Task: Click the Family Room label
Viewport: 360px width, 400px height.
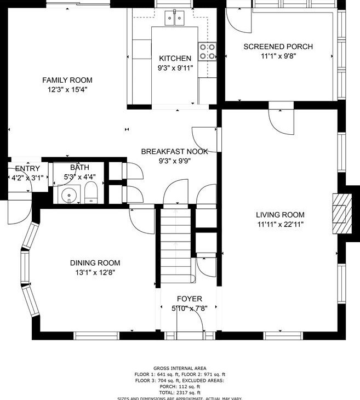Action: click(67, 80)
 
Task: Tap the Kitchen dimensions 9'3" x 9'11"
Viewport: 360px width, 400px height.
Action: click(175, 68)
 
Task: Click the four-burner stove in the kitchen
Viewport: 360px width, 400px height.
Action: click(207, 52)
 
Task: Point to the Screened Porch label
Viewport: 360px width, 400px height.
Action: click(278, 47)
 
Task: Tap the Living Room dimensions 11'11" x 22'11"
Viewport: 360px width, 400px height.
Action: click(280, 224)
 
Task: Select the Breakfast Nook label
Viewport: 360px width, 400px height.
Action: click(175, 152)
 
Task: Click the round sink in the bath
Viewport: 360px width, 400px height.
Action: click(68, 193)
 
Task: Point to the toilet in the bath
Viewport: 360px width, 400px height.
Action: click(91, 192)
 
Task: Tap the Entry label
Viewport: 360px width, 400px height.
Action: click(27, 168)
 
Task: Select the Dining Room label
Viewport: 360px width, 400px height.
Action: click(95, 263)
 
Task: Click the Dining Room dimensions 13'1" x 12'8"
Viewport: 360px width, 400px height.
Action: click(95, 272)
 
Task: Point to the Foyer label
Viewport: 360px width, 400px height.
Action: click(189, 299)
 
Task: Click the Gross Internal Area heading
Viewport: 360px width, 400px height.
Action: click(180, 368)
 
